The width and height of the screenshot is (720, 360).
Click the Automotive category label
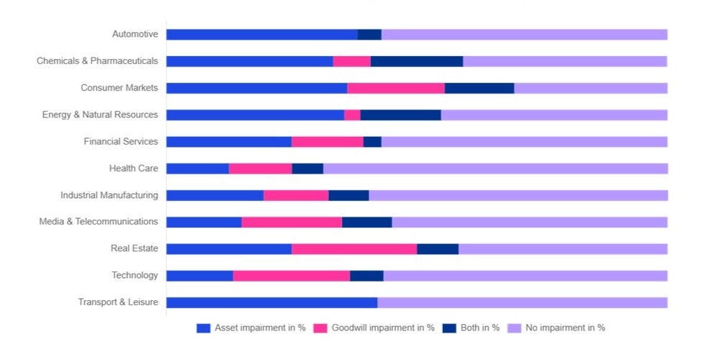[135, 34]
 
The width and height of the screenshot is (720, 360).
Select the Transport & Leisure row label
[118, 302]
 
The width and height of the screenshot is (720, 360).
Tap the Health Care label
[133, 168]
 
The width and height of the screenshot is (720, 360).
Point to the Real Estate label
[134, 248]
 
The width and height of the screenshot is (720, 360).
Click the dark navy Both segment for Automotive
[369, 35]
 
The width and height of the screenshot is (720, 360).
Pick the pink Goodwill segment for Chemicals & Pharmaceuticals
[352, 61]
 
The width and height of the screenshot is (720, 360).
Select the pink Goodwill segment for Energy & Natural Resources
[352, 115]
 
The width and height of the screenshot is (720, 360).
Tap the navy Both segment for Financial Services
[372, 142]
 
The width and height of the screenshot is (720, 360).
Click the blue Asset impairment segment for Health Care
[197, 168]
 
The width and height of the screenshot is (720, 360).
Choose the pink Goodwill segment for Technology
[292, 276]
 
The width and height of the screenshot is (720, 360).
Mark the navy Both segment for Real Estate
[438, 249]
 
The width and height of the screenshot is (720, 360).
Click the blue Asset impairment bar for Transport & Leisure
[271, 302]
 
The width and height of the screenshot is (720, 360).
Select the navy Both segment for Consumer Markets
[480, 88]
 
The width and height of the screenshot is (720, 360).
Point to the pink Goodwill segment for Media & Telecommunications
[292, 222]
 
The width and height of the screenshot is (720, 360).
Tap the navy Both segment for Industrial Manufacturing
[348, 195]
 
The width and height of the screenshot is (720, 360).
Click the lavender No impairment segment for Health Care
[495, 168]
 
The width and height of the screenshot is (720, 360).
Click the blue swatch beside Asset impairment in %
[203, 328]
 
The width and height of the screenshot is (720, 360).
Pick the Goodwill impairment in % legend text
[383, 328]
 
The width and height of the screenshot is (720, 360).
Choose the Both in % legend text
[480, 328]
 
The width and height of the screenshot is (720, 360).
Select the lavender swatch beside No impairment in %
[514, 328]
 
